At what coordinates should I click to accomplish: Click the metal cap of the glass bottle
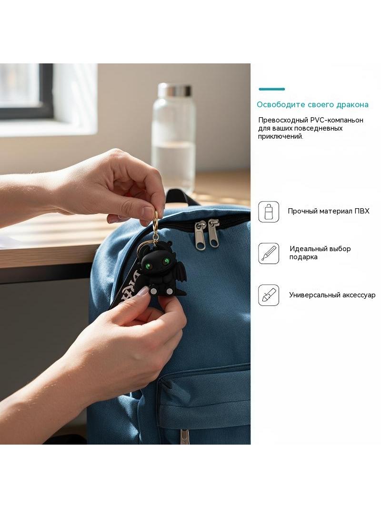(x=174, y=91)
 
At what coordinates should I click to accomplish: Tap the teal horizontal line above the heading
(x=271, y=89)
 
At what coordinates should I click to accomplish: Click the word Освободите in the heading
(x=281, y=105)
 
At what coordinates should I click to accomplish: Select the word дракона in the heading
(x=352, y=105)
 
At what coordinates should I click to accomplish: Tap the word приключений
(x=281, y=136)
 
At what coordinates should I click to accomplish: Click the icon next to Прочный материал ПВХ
(x=268, y=212)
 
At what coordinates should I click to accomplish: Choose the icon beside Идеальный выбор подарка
(x=268, y=254)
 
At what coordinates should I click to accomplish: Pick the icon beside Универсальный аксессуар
(x=268, y=295)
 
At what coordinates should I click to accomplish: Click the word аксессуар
(x=357, y=295)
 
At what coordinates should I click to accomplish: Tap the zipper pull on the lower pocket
(x=184, y=436)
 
